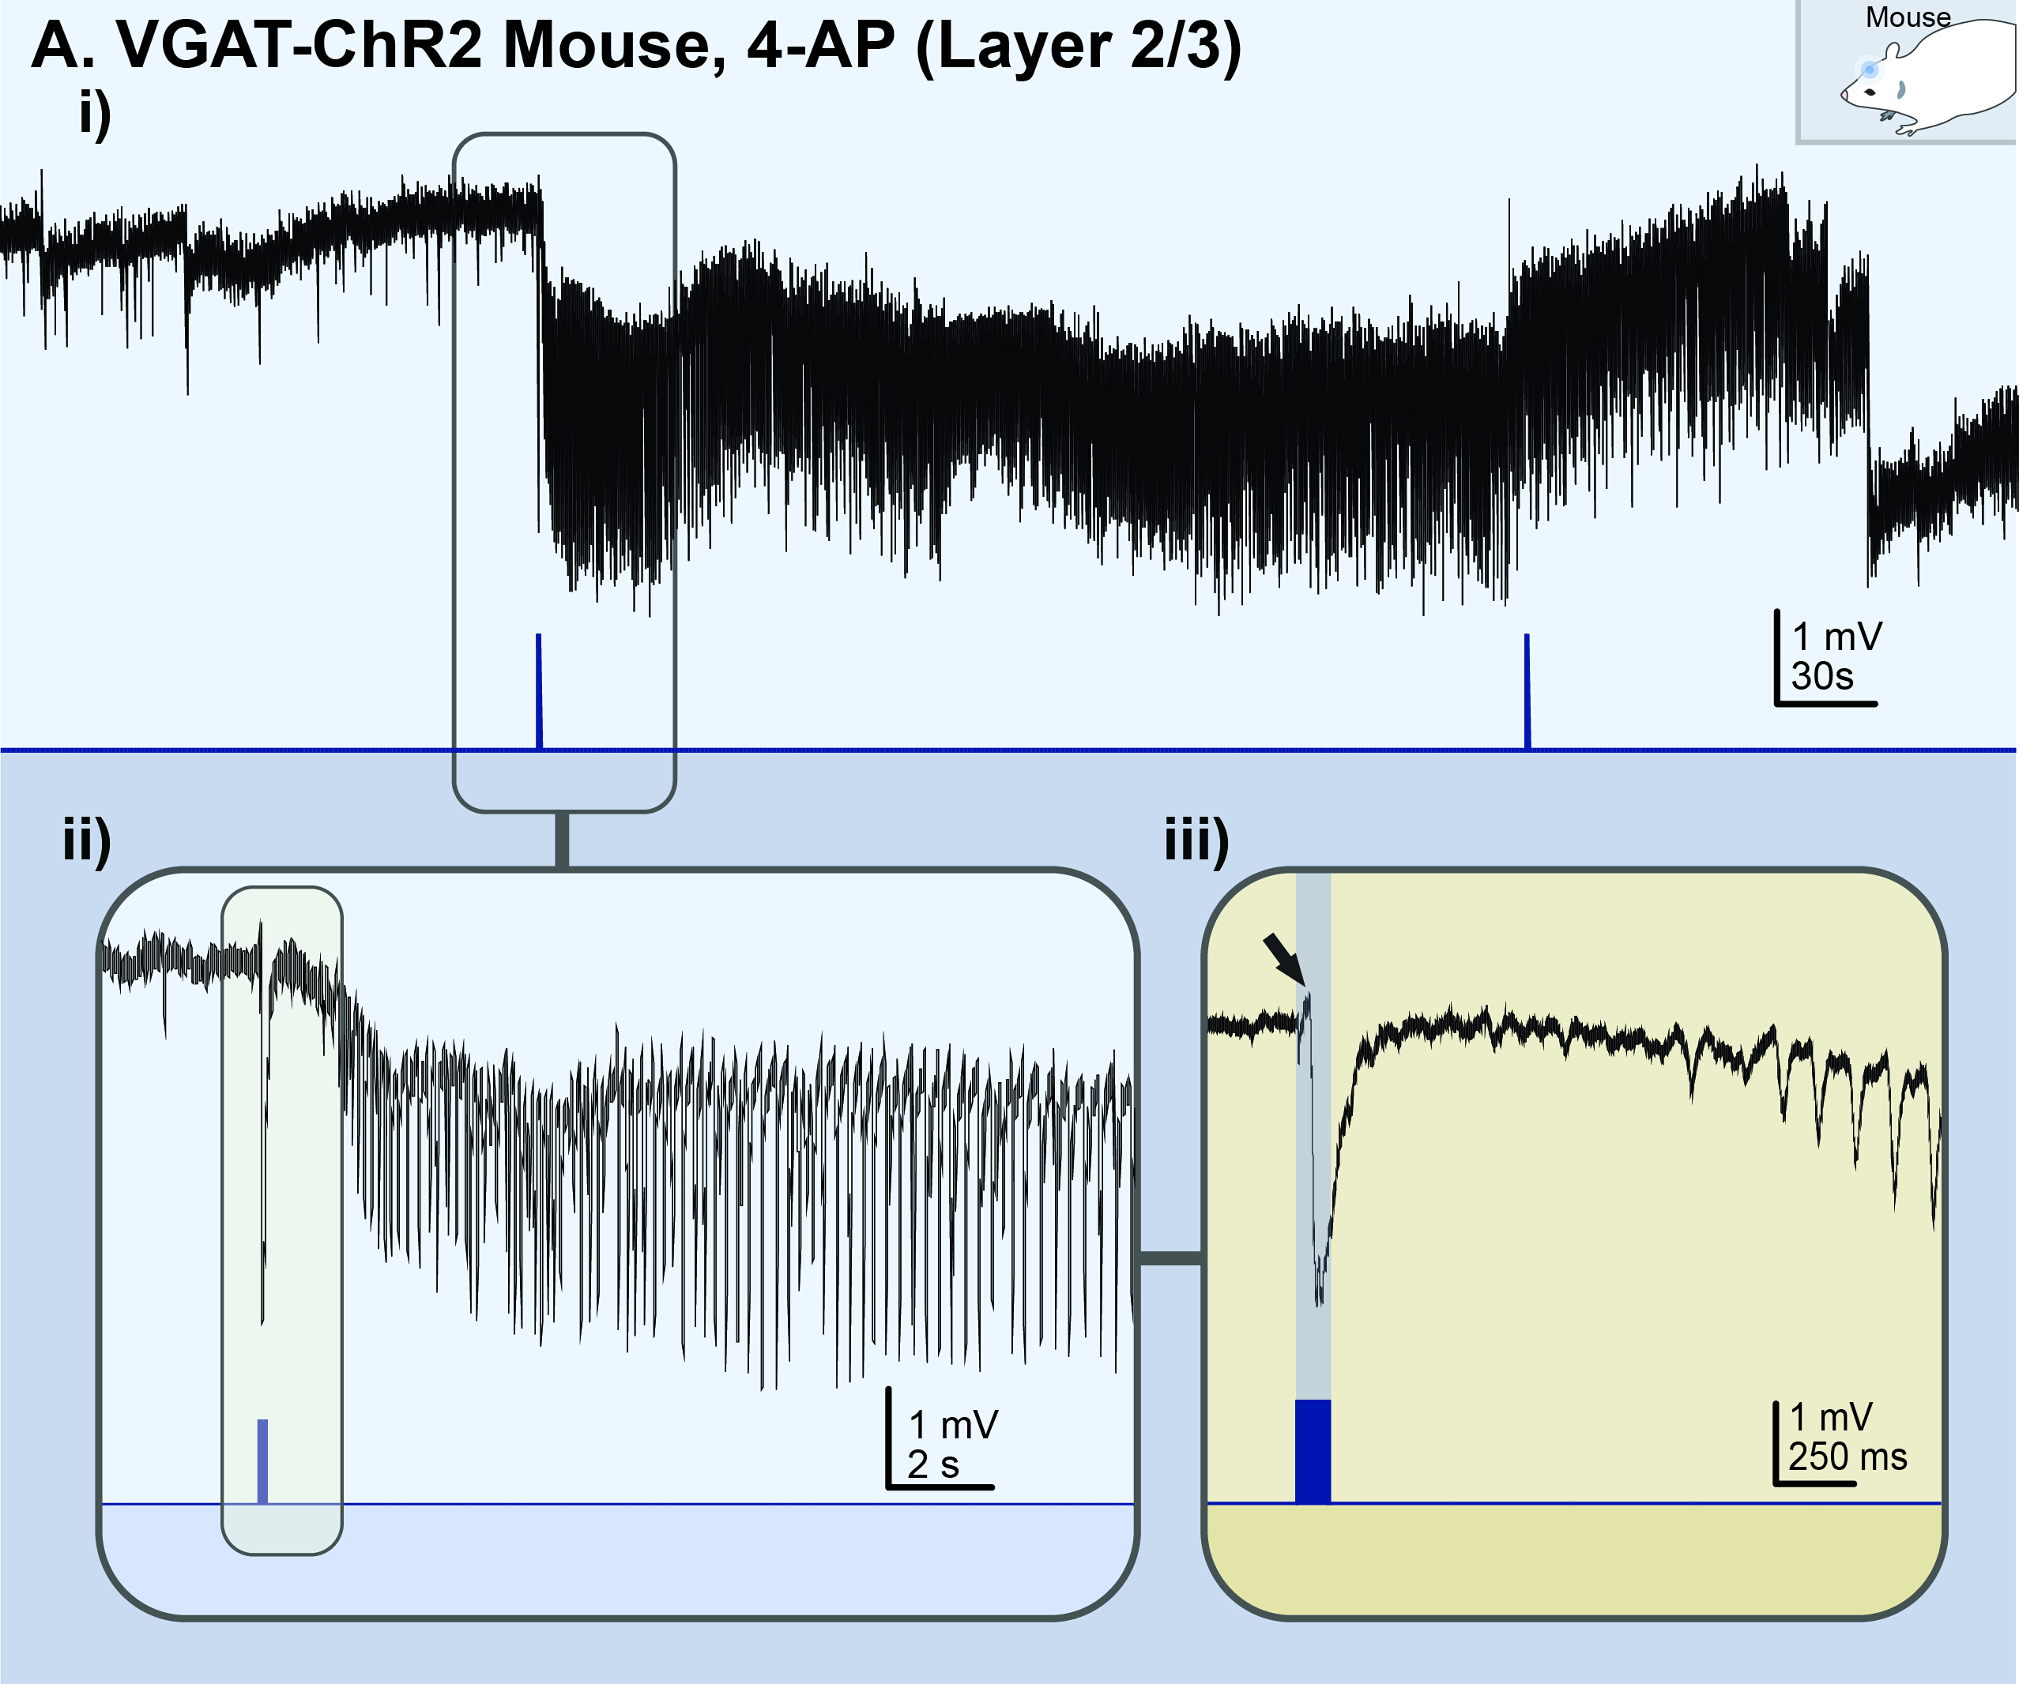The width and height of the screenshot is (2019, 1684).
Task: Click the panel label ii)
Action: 87,839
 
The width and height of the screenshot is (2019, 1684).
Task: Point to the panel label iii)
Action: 1196,839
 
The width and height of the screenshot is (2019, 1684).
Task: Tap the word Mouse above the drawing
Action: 1908,17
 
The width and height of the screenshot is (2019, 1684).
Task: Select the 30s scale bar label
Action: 1822,677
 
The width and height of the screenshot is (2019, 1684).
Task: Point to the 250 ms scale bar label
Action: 1847,1457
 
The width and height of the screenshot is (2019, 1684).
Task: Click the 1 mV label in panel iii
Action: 1831,1417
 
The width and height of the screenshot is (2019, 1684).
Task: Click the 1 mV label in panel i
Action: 1837,637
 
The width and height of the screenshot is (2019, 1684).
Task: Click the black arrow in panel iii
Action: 1283,957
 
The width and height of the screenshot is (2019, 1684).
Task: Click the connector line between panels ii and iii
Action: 1170,1258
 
